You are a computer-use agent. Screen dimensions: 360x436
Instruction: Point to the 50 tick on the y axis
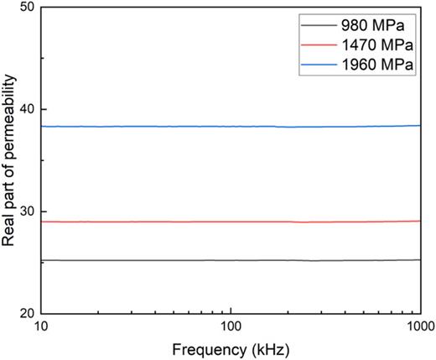pos(26,8)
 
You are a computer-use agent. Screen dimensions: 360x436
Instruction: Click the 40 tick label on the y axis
pos(26,110)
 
